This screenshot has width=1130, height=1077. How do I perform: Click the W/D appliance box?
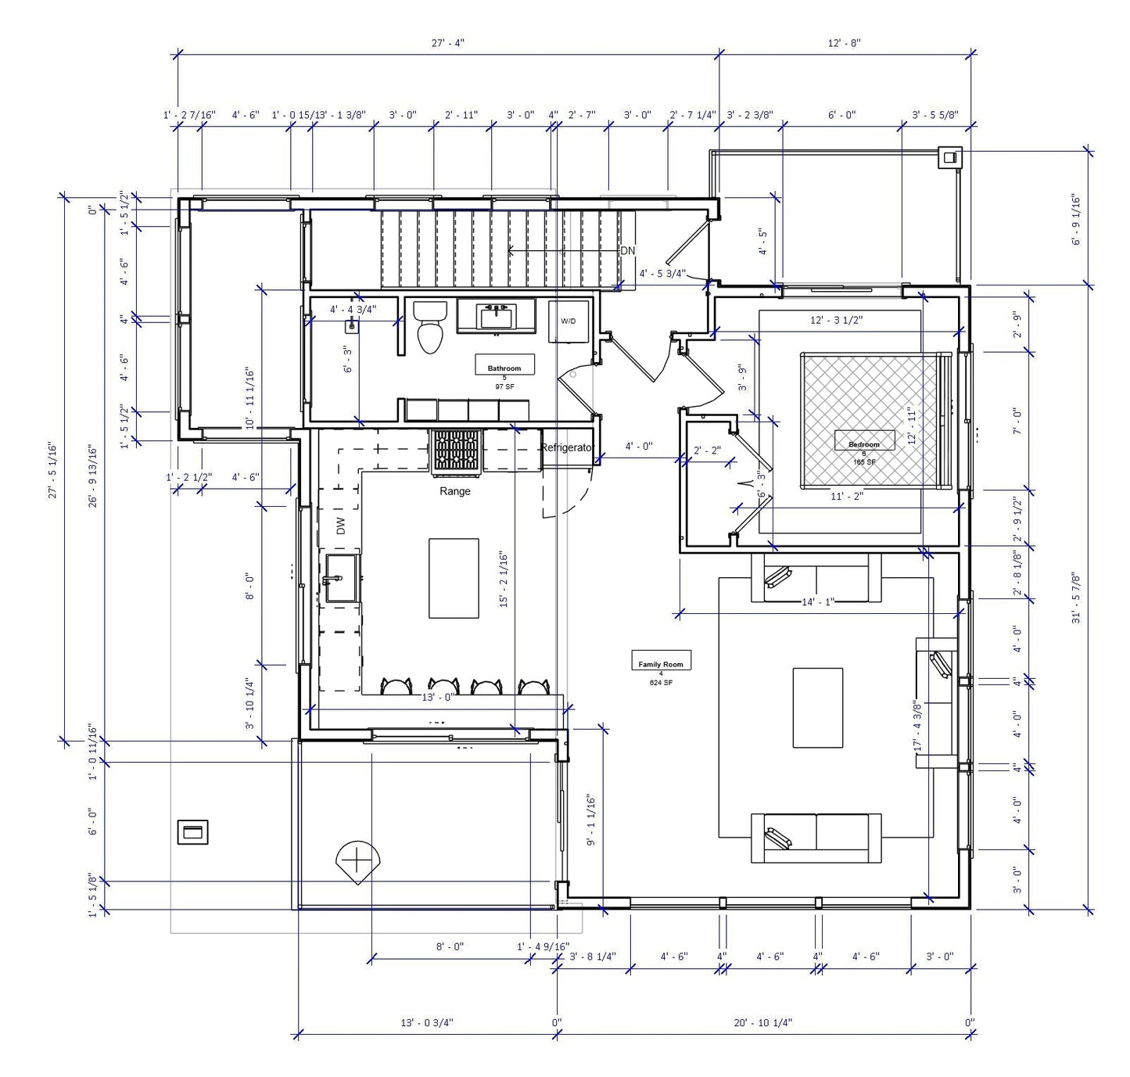coord(568,321)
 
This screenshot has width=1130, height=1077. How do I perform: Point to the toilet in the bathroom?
coord(429,328)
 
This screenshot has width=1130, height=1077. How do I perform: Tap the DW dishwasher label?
coord(341,526)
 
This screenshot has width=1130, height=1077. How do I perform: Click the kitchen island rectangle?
coord(454,577)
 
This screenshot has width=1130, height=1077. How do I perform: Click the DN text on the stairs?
coord(627,251)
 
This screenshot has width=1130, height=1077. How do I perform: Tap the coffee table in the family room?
coord(817,707)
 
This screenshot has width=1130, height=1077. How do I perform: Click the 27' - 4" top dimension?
coord(447,43)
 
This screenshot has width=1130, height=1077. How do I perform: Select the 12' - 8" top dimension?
coord(844,43)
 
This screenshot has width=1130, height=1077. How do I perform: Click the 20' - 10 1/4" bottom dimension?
coord(763,1022)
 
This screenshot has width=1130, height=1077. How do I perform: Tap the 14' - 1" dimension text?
coord(818,601)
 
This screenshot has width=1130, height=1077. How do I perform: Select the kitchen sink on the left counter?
coord(340,579)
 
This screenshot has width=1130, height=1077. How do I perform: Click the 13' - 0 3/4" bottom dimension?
coord(426,1022)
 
